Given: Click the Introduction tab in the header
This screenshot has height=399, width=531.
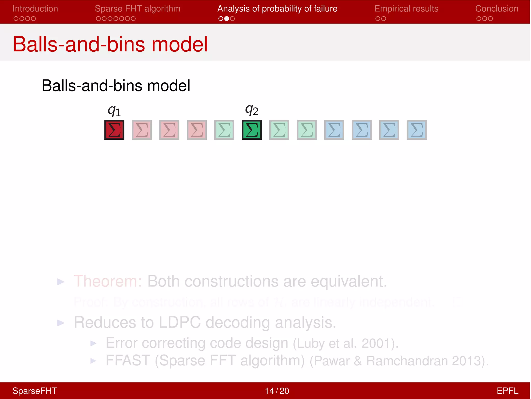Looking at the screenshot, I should (35, 9).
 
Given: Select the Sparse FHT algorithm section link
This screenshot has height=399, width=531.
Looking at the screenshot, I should (137, 9).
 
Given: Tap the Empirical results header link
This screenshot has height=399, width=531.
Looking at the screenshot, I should (406, 9).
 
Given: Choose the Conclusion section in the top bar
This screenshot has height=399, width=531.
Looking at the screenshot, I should (497, 9).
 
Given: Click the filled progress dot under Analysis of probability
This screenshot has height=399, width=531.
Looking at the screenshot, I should (227, 18).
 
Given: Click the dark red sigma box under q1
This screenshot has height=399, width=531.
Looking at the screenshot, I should (114, 130).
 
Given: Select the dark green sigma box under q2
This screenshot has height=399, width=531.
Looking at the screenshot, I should (252, 130).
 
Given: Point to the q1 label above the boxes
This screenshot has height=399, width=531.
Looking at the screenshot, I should (114, 111).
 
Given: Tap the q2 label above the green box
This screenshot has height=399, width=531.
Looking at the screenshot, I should (251, 110).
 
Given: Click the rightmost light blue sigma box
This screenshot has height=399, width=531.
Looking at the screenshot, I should (417, 130).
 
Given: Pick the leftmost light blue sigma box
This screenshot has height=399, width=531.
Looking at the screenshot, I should (334, 130).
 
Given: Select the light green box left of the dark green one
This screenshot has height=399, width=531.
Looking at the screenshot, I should (224, 130).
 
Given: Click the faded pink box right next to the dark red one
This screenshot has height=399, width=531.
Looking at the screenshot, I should (142, 130).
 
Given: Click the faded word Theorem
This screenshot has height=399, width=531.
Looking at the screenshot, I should (108, 281).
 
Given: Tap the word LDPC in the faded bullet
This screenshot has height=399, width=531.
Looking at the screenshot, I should (179, 322).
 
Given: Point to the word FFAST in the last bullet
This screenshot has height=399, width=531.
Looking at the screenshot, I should (128, 361).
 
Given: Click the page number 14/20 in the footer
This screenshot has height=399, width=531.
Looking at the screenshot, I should (277, 391).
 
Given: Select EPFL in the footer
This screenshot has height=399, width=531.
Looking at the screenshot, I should (507, 391).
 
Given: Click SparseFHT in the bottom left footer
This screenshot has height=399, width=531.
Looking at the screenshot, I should (35, 391).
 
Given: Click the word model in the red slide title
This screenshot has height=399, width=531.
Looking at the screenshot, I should (180, 44).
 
